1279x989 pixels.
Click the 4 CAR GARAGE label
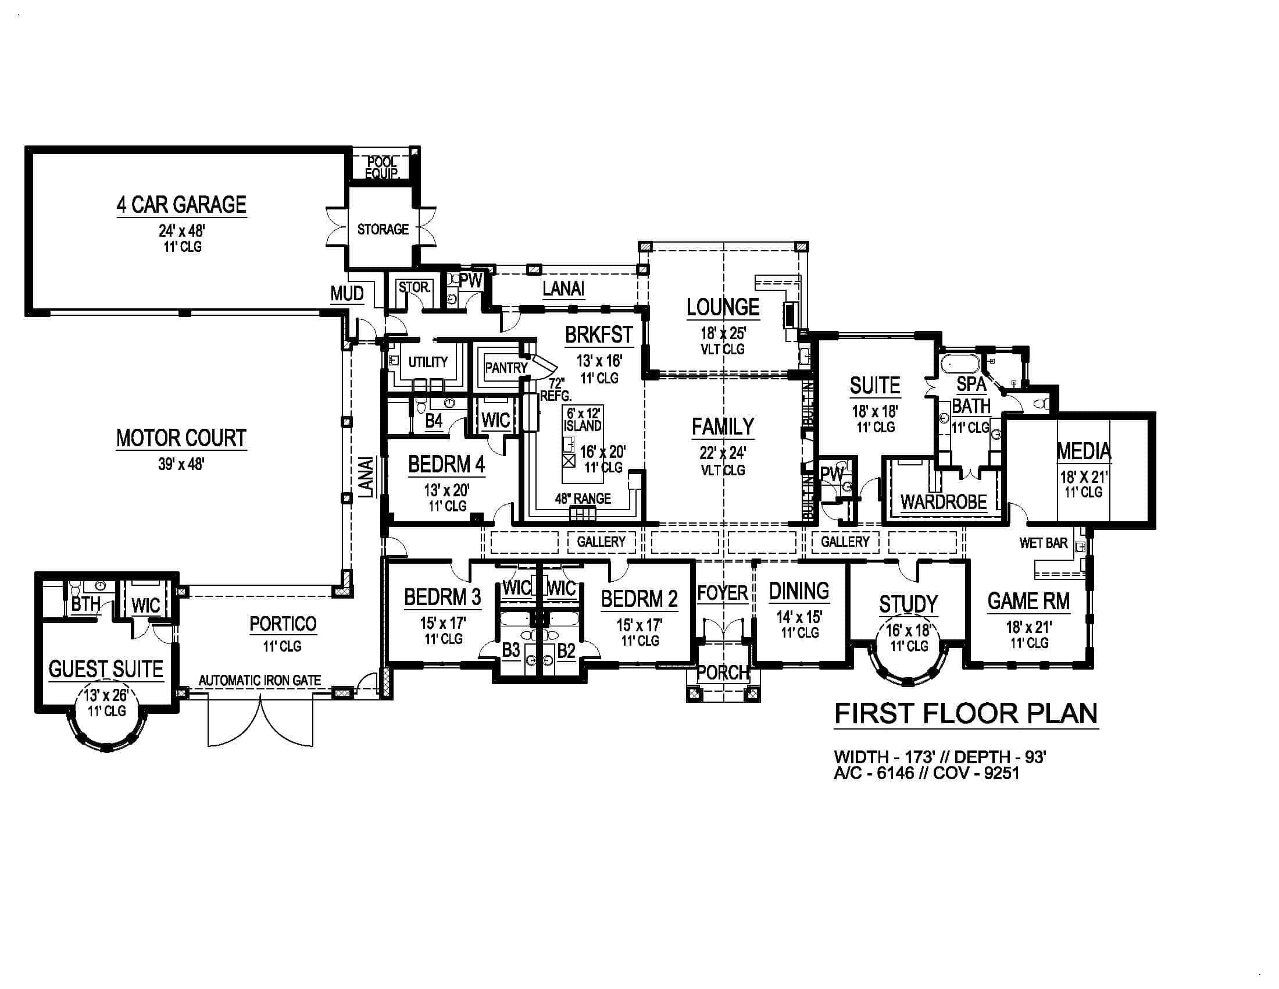(x=181, y=204)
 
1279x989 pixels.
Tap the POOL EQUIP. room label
(x=382, y=168)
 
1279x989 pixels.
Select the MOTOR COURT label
(x=181, y=437)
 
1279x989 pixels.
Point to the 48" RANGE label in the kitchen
(x=583, y=499)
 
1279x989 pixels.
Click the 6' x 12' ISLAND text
(x=583, y=419)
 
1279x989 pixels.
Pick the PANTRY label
(x=506, y=367)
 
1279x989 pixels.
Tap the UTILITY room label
(x=428, y=361)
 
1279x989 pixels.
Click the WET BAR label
(x=1044, y=543)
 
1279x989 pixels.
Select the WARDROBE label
(x=944, y=502)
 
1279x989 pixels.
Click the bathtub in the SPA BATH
(x=960, y=364)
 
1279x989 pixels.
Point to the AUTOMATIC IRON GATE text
(x=259, y=680)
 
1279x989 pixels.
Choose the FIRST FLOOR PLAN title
(x=966, y=714)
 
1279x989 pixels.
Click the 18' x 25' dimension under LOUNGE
(x=723, y=333)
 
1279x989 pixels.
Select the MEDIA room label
(x=1084, y=451)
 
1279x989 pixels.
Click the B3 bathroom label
(x=511, y=650)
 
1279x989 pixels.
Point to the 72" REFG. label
(x=555, y=390)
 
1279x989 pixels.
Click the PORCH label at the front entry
(x=723, y=673)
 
